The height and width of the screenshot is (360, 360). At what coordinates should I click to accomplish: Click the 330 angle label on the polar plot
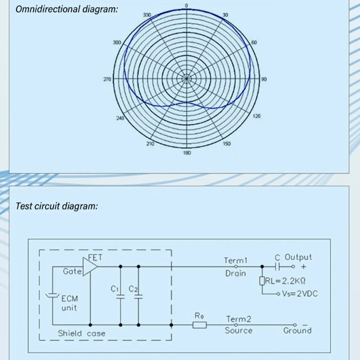[147, 15]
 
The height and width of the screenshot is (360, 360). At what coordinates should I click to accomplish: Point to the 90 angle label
[264, 79]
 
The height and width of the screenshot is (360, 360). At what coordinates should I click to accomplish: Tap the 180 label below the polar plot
[187, 153]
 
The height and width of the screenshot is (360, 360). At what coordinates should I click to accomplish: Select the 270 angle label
[108, 79]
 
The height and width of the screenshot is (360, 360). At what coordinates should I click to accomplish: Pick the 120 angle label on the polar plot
[257, 116]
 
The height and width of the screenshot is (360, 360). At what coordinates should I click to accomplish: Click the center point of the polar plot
[186, 78]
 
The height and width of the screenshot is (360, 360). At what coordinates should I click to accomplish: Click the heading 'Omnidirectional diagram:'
[67, 9]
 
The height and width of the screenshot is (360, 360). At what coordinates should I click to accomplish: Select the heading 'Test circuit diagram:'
[56, 206]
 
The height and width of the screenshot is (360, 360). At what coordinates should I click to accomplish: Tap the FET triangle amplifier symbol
[90, 266]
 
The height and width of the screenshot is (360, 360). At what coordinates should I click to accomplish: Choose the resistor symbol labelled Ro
[200, 325]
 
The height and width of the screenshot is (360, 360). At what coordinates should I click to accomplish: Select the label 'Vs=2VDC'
[299, 294]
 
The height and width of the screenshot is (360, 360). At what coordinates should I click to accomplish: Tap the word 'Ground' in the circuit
[297, 331]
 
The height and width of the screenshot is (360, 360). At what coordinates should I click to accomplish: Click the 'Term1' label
[236, 260]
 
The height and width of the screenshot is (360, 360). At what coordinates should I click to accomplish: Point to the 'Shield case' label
[82, 333]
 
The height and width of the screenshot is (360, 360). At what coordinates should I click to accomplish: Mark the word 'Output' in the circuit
[298, 257]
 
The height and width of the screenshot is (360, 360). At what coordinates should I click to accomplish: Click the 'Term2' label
[238, 319]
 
